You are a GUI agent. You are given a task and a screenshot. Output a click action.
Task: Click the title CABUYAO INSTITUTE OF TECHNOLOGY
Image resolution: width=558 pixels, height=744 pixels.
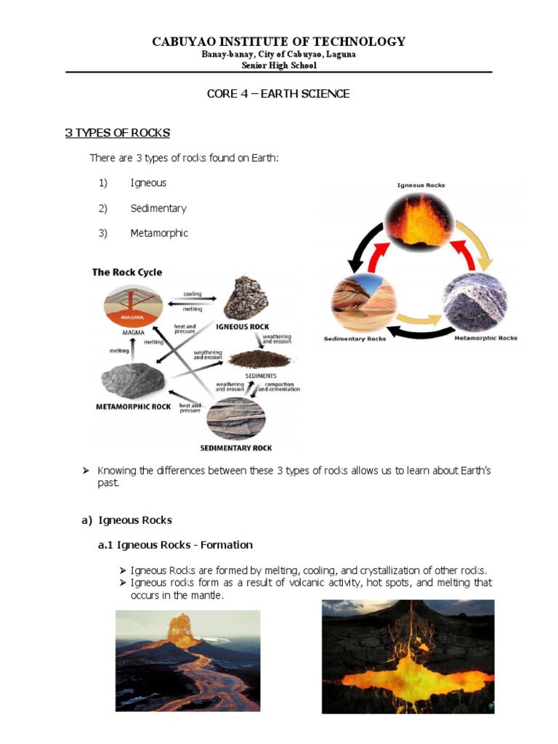pyautogui.click(x=278, y=41)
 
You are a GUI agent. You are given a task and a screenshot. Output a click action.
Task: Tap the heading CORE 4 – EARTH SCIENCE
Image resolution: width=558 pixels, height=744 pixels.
pyautogui.click(x=278, y=94)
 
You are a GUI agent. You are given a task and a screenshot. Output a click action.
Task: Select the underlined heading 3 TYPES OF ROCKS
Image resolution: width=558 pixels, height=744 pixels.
pyautogui.click(x=118, y=133)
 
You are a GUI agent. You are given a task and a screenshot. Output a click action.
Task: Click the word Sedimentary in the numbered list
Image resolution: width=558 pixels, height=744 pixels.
pyautogui.click(x=158, y=209)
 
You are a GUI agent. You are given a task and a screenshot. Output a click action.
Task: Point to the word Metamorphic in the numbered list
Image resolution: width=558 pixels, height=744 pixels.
pyautogui.click(x=159, y=233)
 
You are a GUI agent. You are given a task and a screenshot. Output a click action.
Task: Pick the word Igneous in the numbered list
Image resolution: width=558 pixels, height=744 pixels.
pyautogui.click(x=148, y=183)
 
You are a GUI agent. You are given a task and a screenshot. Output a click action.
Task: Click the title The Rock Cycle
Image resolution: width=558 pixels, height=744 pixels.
pyautogui.click(x=127, y=272)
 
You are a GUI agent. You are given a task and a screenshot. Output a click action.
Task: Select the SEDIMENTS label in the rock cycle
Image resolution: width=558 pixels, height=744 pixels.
pyautogui.click(x=260, y=376)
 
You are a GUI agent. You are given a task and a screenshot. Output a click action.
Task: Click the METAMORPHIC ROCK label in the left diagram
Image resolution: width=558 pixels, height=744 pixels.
pyautogui.click(x=134, y=407)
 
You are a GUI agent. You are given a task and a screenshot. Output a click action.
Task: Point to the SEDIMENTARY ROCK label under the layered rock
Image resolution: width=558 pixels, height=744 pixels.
pyautogui.click(x=236, y=448)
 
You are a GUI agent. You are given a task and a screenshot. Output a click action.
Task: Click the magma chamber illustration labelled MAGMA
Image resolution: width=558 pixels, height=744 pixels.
pyautogui.click(x=134, y=305)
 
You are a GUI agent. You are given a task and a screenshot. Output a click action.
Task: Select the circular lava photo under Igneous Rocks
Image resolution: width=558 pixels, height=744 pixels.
pyautogui.click(x=421, y=221)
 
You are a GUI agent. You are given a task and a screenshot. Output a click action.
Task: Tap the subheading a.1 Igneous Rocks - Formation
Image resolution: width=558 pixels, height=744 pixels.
pyautogui.click(x=175, y=545)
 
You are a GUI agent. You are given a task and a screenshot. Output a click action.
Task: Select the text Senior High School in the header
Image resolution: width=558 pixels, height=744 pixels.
pyautogui.click(x=278, y=65)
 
